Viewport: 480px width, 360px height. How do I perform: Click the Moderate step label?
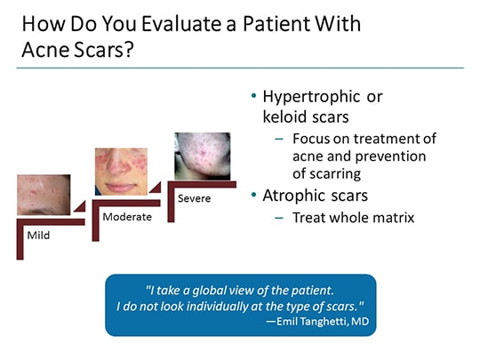click(x=126, y=217)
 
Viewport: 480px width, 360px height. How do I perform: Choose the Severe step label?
click(x=194, y=197)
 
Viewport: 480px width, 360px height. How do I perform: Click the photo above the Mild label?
click(x=44, y=194)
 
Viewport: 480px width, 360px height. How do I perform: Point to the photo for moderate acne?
click(x=120, y=171)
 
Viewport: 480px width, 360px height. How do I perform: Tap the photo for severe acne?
click(x=202, y=156)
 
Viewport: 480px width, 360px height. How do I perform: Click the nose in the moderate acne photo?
click(x=121, y=173)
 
